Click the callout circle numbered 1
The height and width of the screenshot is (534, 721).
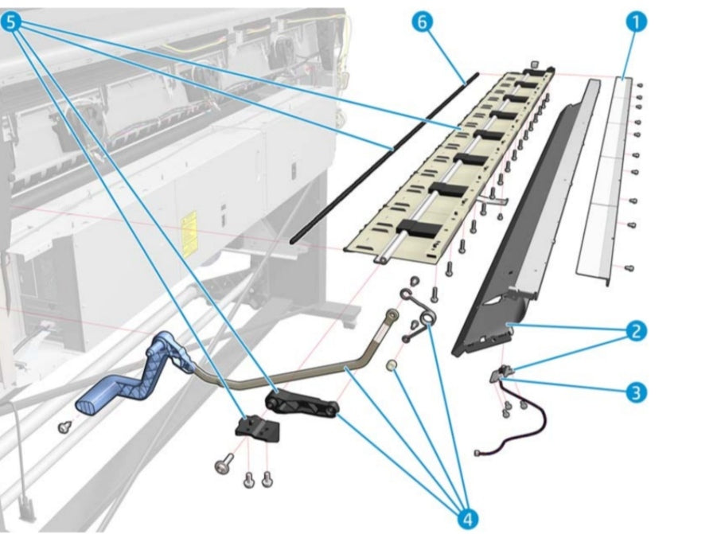click(634, 23)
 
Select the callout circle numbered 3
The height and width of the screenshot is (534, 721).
click(634, 392)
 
